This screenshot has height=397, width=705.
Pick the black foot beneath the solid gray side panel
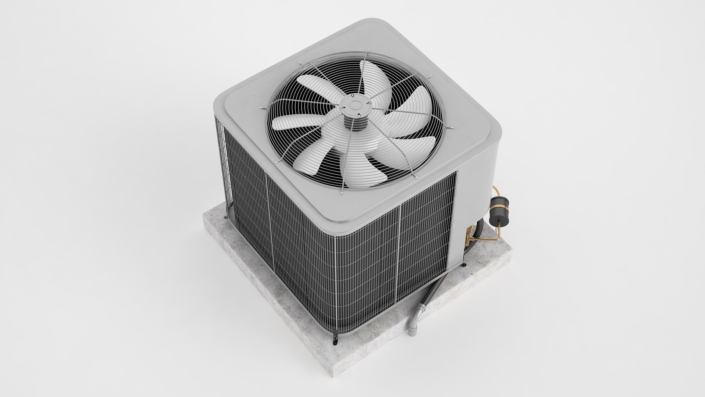tap(465, 264)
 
